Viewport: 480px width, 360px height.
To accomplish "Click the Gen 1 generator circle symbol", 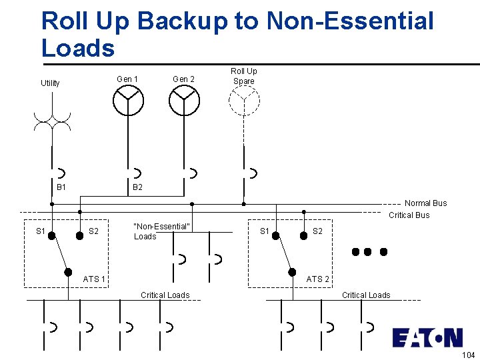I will tap(127, 101).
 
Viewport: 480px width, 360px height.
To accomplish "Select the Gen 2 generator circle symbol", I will tap(184, 101).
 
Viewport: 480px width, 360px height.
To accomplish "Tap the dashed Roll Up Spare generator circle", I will tap(244, 101).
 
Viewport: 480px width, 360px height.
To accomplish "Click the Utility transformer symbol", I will tap(51, 120).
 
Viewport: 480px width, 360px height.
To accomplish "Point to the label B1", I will tap(61, 188).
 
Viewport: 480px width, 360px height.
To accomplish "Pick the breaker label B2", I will tap(137, 188).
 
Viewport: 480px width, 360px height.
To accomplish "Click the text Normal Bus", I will tap(425, 203).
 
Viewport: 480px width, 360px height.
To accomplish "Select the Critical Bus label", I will tap(409, 215).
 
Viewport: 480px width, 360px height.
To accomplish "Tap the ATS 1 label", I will tap(94, 279).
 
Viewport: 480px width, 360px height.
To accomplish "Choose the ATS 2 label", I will tap(318, 279).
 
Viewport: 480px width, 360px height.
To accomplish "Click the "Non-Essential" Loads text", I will tap(162, 231).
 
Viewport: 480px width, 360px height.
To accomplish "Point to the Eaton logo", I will tap(427, 337).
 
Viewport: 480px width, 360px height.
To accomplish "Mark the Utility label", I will tap(50, 83).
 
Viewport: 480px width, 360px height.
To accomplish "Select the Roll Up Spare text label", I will tap(243, 76).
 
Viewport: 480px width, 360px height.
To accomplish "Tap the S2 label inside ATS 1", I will tap(94, 231).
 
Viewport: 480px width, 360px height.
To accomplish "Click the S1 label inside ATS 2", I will tap(265, 231).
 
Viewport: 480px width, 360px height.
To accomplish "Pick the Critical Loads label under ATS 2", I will tap(366, 295).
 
